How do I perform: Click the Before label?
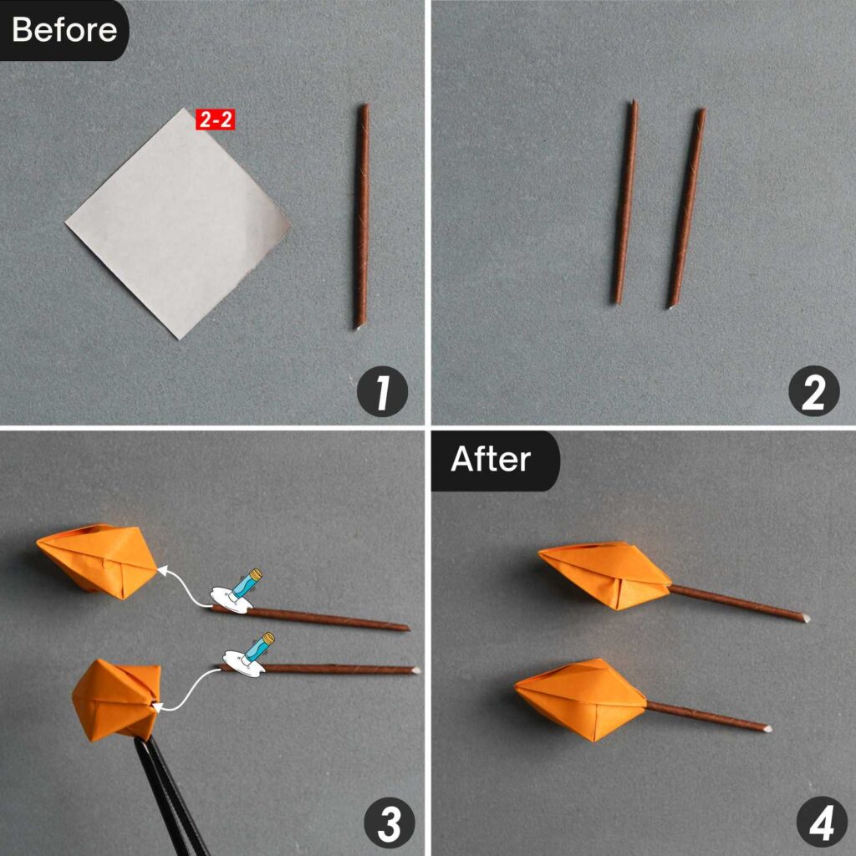click(x=64, y=30)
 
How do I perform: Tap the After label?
click(x=491, y=460)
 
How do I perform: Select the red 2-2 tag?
click(x=215, y=120)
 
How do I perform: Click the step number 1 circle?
click(x=382, y=391)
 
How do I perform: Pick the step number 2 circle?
click(x=813, y=391)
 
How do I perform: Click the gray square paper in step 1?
click(x=177, y=222)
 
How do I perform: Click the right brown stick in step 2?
click(x=686, y=208)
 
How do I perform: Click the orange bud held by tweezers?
click(x=115, y=699)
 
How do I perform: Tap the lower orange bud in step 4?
click(x=581, y=698)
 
